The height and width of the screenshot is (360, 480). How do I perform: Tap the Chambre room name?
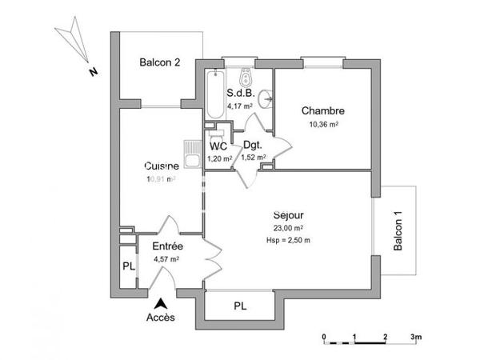[322, 110]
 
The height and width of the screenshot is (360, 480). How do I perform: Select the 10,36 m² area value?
[323, 125]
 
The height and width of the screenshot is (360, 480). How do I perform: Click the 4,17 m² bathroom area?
[239, 105]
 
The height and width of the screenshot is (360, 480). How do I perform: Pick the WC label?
[218, 146]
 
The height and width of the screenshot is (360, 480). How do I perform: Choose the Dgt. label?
[254, 146]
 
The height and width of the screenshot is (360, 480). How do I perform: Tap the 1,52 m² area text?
[254, 158]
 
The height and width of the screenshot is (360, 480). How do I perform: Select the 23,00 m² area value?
[289, 228]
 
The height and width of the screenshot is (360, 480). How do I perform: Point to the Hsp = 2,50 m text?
[289, 239]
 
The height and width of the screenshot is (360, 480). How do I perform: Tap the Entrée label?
[168, 246]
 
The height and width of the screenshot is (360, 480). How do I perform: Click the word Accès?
[162, 318]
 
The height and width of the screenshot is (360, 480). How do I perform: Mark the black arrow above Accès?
[162, 303]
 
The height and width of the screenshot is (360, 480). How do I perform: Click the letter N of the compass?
[93, 71]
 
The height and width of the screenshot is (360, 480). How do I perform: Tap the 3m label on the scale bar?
[416, 337]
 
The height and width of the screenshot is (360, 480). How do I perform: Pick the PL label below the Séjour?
[239, 306]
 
